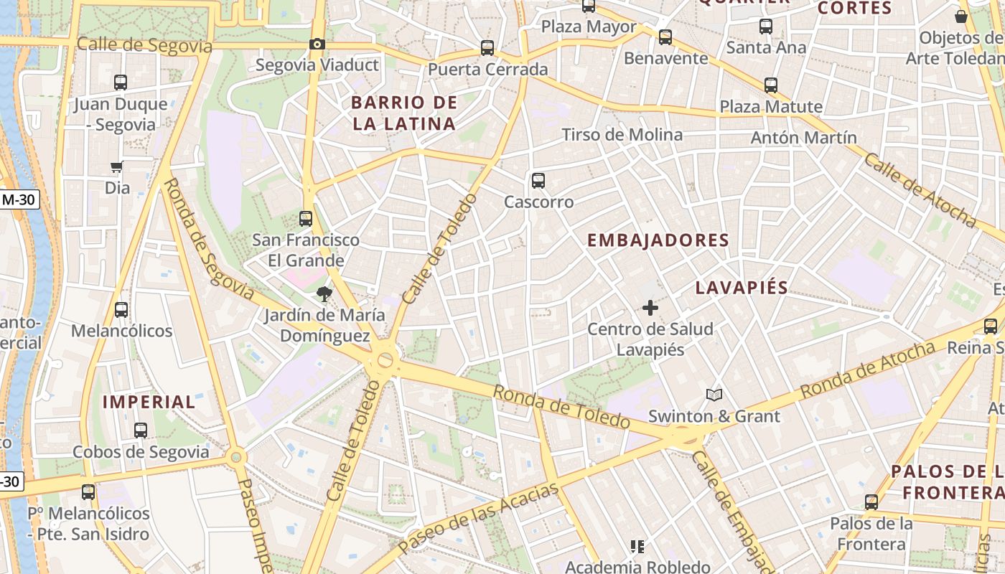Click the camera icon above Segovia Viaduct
(317, 44)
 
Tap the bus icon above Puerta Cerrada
(487, 48)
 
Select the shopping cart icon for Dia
(116, 167)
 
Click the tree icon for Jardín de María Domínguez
(324, 293)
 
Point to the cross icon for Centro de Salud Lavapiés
(650, 308)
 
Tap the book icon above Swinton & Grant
(714, 395)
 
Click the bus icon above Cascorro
(538, 181)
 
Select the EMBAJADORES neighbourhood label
(658, 240)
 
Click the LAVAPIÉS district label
(742, 288)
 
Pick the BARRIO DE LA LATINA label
(404, 113)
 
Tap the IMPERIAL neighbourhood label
(149, 402)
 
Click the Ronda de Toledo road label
(561, 407)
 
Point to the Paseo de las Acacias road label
(479, 518)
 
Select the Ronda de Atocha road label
(868, 370)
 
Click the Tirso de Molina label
(622, 135)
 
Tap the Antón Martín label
(803, 137)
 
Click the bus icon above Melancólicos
(121, 310)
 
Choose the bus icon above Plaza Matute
(771, 85)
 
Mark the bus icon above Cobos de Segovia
(141, 430)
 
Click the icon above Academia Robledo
(637, 547)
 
